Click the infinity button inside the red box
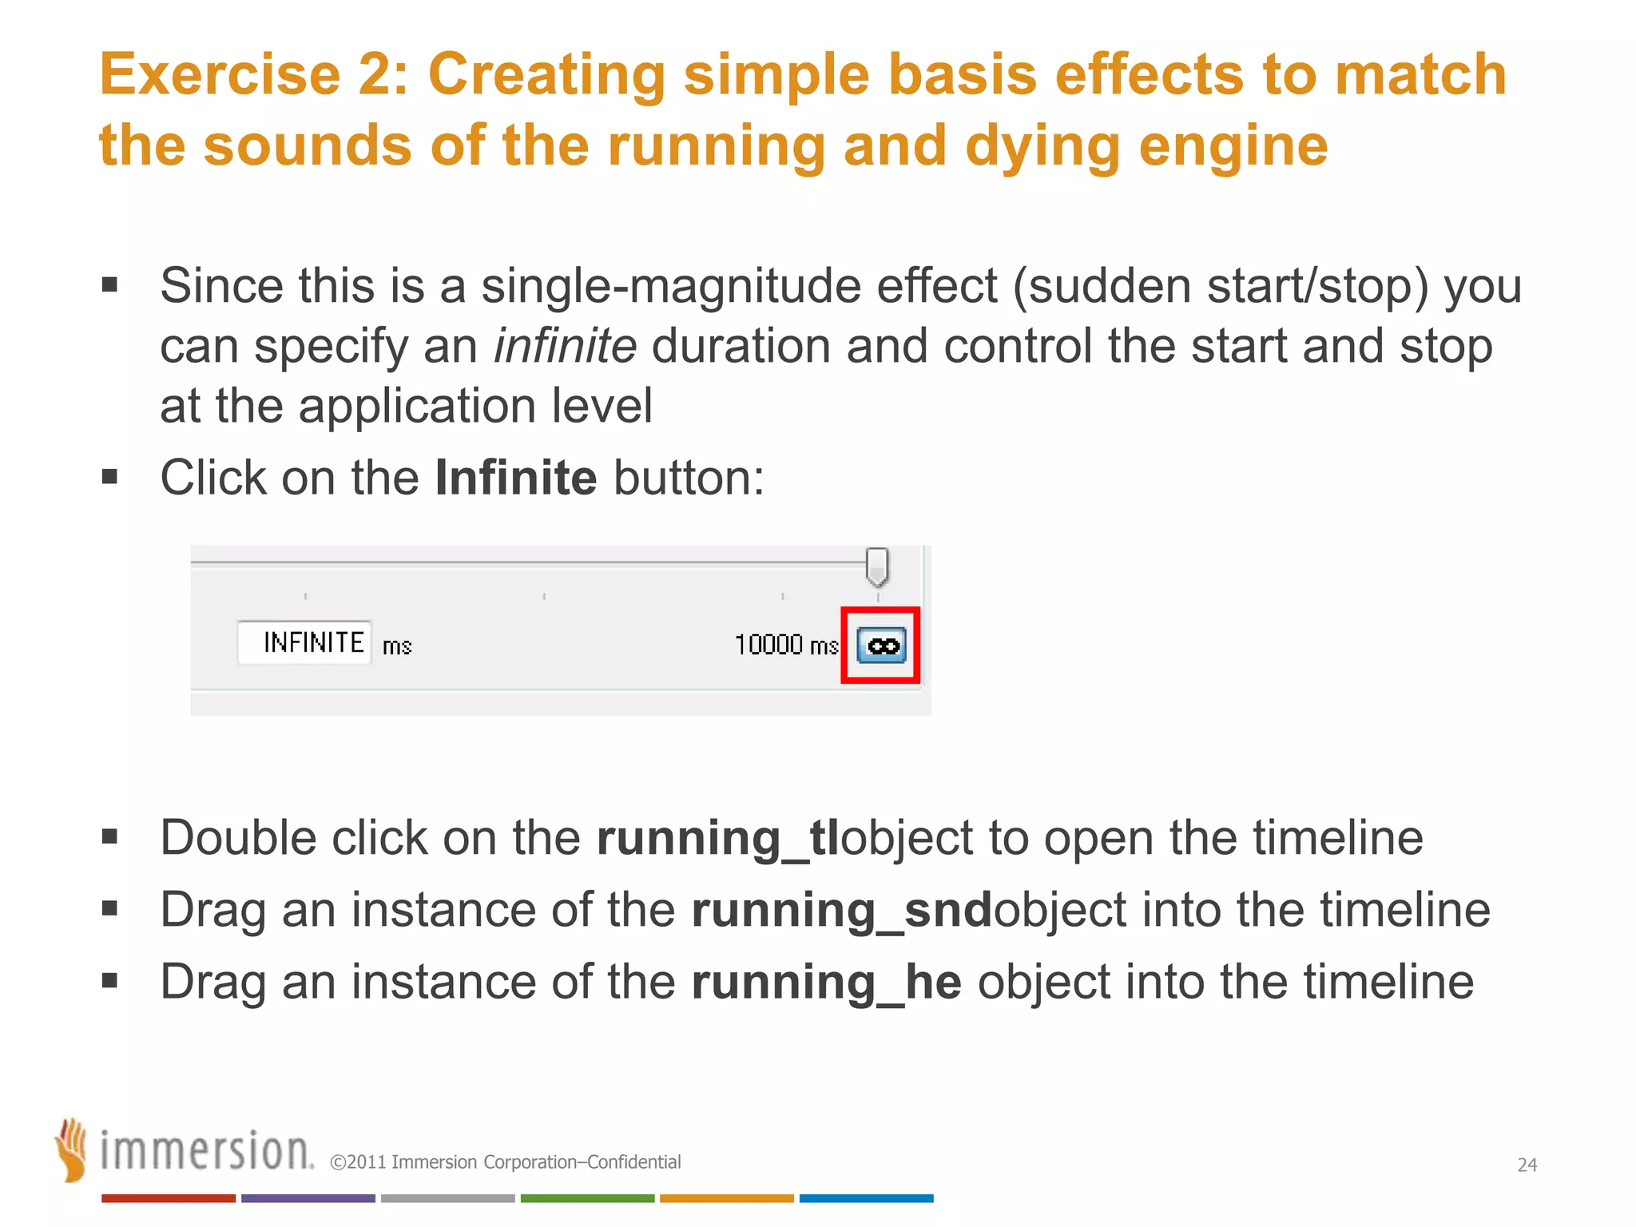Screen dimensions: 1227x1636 tap(881, 645)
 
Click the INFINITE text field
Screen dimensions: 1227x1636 tap(304, 642)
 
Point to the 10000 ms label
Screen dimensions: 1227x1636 tap(785, 645)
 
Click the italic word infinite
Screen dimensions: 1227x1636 tap(565, 346)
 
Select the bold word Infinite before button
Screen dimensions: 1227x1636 tap(515, 478)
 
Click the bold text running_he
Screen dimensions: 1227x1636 tap(826, 982)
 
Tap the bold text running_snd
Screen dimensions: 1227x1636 tap(841, 910)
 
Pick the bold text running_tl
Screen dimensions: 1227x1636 tap(717, 838)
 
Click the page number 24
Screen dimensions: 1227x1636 tap(1527, 1165)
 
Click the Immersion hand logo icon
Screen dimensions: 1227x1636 tap(72, 1149)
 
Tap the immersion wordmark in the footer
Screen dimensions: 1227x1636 tap(206, 1151)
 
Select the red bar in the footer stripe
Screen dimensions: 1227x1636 tap(168, 1198)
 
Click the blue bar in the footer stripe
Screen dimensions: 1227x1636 tap(866, 1198)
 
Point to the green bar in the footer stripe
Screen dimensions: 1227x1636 tap(587, 1198)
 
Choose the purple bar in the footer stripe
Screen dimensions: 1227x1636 tap(308, 1198)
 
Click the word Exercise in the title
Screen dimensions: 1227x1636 tap(220, 74)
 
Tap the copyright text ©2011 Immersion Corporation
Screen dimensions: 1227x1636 tap(505, 1162)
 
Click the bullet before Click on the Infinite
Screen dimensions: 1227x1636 tap(110, 478)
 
